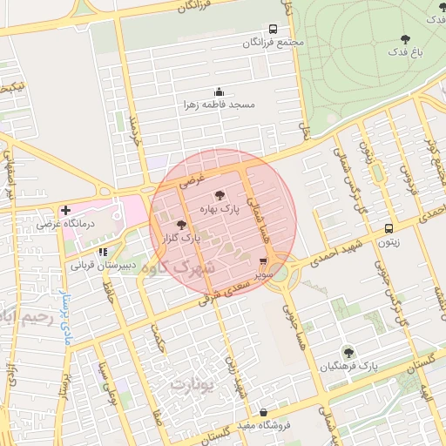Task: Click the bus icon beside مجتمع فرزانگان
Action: click(x=274, y=29)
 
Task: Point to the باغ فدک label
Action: click(x=405, y=52)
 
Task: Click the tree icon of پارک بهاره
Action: click(x=218, y=195)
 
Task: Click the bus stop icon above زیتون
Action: click(x=389, y=228)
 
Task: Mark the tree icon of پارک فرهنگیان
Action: click(x=348, y=353)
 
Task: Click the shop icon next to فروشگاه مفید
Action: click(x=263, y=414)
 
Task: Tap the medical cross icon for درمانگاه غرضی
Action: click(x=65, y=211)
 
